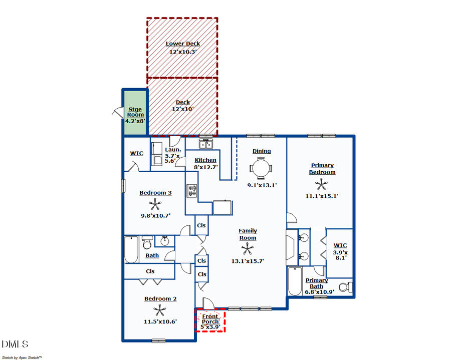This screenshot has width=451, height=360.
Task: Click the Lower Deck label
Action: (x=182, y=44)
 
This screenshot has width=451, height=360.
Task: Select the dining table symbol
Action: (x=261, y=168)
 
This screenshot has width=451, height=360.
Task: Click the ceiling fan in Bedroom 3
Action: (x=155, y=204)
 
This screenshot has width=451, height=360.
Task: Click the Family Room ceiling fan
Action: (x=248, y=249)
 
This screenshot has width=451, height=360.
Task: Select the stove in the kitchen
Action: (x=192, y=191)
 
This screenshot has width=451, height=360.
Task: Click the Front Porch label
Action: (x=210, y=319)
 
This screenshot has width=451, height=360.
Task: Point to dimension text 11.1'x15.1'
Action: (x=322, y=196)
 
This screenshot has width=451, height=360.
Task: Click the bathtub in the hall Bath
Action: (x=131, y=249)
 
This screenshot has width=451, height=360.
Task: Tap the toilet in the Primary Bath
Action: (x=345, y=287)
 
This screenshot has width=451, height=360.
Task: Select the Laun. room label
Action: (x=170, y=149)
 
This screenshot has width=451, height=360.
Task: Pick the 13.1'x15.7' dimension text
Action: (x=248, y=261)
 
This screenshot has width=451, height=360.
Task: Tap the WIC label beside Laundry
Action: (x=137, y=153)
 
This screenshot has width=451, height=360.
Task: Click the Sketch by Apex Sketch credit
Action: (x=22, y=357)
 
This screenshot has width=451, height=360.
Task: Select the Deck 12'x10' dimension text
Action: (x=182, y=109)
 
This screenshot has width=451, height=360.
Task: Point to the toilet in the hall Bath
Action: (x=147, y=243)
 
